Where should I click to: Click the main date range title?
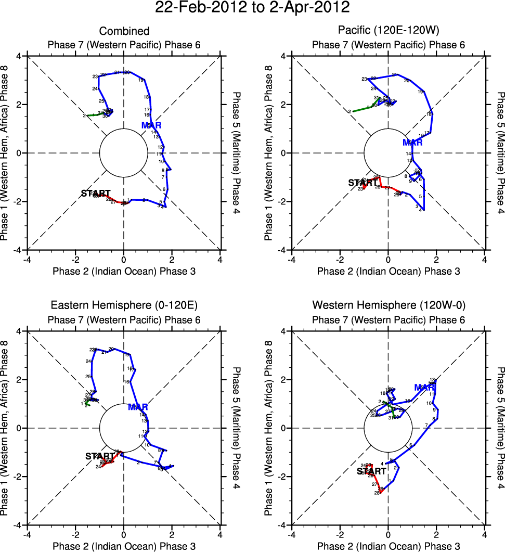[252, 8]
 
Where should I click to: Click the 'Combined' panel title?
[124, 31]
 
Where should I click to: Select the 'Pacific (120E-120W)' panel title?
[388, 31]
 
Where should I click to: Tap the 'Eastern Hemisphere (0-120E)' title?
[124, 305]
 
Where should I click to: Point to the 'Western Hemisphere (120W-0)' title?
[388, 305]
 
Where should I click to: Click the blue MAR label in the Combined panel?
[151, 125]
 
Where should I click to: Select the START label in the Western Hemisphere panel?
[371, 471]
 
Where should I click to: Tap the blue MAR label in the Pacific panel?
[413, 143]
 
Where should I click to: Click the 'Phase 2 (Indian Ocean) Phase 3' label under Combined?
[124, 271]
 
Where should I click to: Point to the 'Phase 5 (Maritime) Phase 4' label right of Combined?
[237, 153]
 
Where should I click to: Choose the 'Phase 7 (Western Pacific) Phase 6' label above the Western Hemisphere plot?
[388, 319]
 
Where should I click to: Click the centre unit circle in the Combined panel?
[124, 153]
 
